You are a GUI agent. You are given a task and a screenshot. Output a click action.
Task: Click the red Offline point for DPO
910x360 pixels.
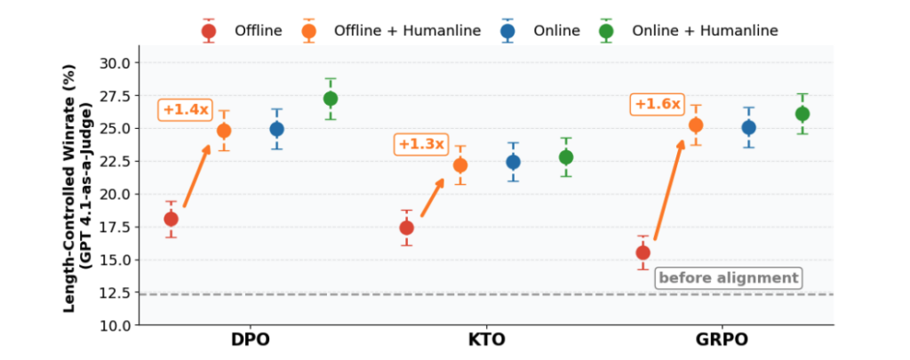point(171,219)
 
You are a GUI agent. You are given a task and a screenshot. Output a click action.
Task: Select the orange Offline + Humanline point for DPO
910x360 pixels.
point(224,131)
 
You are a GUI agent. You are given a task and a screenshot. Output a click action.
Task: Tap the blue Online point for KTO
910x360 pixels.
point(513,162)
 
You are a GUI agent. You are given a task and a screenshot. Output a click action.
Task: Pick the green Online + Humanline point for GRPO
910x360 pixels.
point(802,114)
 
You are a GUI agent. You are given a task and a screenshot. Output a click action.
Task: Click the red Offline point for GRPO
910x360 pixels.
point(643,252)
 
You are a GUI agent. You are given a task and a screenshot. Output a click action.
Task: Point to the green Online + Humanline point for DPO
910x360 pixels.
point(331,99)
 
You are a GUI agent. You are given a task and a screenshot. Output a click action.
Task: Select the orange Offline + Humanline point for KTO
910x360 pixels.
point(460,165)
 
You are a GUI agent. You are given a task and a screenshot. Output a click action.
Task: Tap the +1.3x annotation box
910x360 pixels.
point(420,144)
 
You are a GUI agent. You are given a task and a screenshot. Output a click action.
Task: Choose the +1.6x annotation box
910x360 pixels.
point(657,104)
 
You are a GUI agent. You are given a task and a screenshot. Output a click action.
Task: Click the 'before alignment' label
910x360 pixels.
point(728,278)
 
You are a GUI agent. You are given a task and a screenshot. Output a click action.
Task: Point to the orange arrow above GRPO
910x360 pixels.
point(669,190)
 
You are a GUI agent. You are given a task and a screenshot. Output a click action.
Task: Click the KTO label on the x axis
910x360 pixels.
point(487,340)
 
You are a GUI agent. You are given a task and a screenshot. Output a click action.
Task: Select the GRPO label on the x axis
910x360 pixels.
point(722,340)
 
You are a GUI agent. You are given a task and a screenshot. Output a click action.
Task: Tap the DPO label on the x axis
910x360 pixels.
point(250,340)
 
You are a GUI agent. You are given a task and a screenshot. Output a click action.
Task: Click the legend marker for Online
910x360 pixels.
point(508,31)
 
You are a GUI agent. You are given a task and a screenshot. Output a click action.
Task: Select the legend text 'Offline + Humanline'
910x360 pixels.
point(407,31)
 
